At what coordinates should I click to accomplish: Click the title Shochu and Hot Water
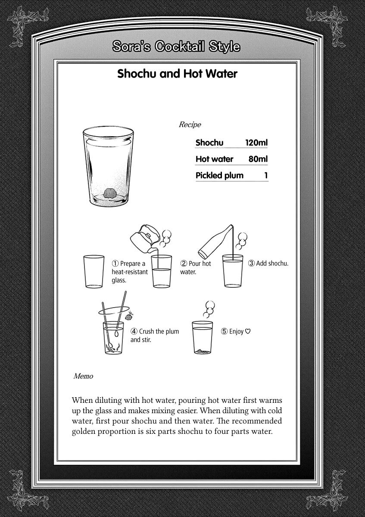pyautogui.click(x=177, y=74)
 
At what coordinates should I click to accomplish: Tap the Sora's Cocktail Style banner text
pyautogui.click(x=176, y=47)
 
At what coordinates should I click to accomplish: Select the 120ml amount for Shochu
pyautogui.click(x=257, y=143)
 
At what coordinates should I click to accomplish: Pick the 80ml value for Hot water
pyautogui.click(x=258, y=159)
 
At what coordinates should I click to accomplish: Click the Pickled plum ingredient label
pyautogui.click(x=219, y=175)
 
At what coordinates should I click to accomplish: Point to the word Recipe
pyautogui.click(x=190, y=125)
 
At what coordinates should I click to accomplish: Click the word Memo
pyautogui.click(x=83, y=376)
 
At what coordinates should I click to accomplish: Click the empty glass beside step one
pyautogui.click(x=94, y=271)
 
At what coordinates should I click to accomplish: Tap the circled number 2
pyautogui.click(x=184, y=263)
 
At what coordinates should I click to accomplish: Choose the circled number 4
pyautogui.click(x=134, y=331)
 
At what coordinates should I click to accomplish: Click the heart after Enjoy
pyautogui.click(x=248, y=331)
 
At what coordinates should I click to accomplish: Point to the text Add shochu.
pyautogui.click(x=272, y=263)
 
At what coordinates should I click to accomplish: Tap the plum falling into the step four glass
pyautogui.click(x=128, y=317)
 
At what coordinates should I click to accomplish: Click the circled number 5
pyautogui.click(x=224, y=331)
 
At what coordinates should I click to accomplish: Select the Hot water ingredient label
pyautogui.click(x=214, y=159)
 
